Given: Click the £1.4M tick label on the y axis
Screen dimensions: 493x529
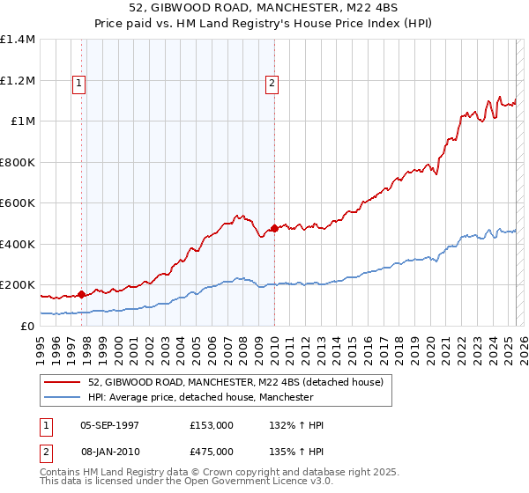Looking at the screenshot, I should pyautogui.click(x=18, y=40).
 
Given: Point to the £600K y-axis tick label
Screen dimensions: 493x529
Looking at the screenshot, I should pyautogui.click(x=18, y=203).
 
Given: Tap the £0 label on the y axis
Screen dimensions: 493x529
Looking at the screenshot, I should pyautogui.click(x=28, y=327).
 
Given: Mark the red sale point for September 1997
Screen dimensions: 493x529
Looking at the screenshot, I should pyautogui.click(x=82, y=295).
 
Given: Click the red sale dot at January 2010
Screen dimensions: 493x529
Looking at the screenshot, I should pyautogui.click(x=274, y=229).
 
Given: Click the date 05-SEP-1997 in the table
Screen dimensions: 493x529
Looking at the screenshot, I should pyautogui.click(x=110, y=425).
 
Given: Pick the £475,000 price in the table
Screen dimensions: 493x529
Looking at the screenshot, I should pyautogui.click(x=211, y=451).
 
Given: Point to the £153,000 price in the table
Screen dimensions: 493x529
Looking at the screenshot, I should pyautogui.click(x=211, y=425).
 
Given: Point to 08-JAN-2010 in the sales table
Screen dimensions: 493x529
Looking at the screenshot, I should pyautogui.click(x=110, y=451).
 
